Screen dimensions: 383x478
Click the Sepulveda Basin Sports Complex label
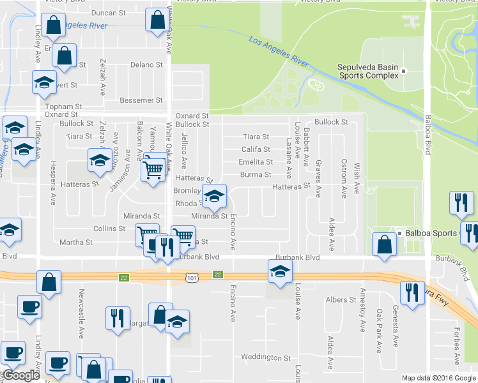pyautogui.click(x=367, y=70)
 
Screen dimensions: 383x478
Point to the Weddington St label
pyautogui.click(x=265, y=357)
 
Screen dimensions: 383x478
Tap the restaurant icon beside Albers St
pyautogui.click(x=411, y=292)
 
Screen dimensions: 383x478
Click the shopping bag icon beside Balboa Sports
pyautogui.click(x=383, y=244)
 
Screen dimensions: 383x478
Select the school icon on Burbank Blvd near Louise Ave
pyautogui.click(x=279, y=273)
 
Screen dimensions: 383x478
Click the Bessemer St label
pyautogui.click(x=141, y=100)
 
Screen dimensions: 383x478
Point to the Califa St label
pyautogui.click(x=255, y=149)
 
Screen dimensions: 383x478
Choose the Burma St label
pyautogui.click(x=256, y=174)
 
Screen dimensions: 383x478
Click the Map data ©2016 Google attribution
pyautogui.click(x=438, y=378)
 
